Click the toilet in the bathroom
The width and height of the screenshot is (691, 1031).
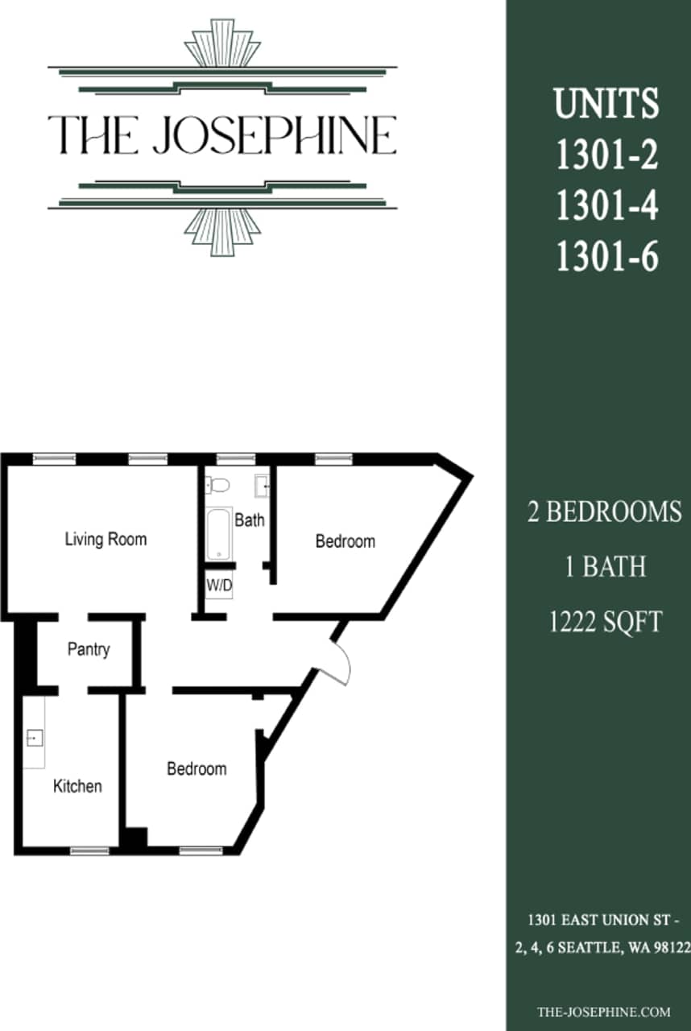coord(218,485)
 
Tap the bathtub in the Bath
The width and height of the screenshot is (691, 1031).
coord(219,532)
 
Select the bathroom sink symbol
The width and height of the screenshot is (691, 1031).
coord(263,487)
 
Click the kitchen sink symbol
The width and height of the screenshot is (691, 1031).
coord(35,738)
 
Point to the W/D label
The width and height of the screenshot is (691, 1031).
coord(219,586)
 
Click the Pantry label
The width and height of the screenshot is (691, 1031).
coord(89,649)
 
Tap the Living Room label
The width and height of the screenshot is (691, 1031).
coord(106,539)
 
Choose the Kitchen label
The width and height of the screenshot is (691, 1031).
coord(77,786)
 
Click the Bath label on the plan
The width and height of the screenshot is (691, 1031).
coord(250,520)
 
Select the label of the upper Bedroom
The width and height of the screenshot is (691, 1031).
coord(345,541)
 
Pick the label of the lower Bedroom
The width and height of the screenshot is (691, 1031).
coord(197,769)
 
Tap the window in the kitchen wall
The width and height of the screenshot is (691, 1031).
coord(89,850)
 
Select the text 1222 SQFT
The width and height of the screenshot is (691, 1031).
coord(605,622)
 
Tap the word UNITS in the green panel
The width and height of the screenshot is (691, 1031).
coord(606,104)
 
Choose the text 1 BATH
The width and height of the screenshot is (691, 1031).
coord(605,567)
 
